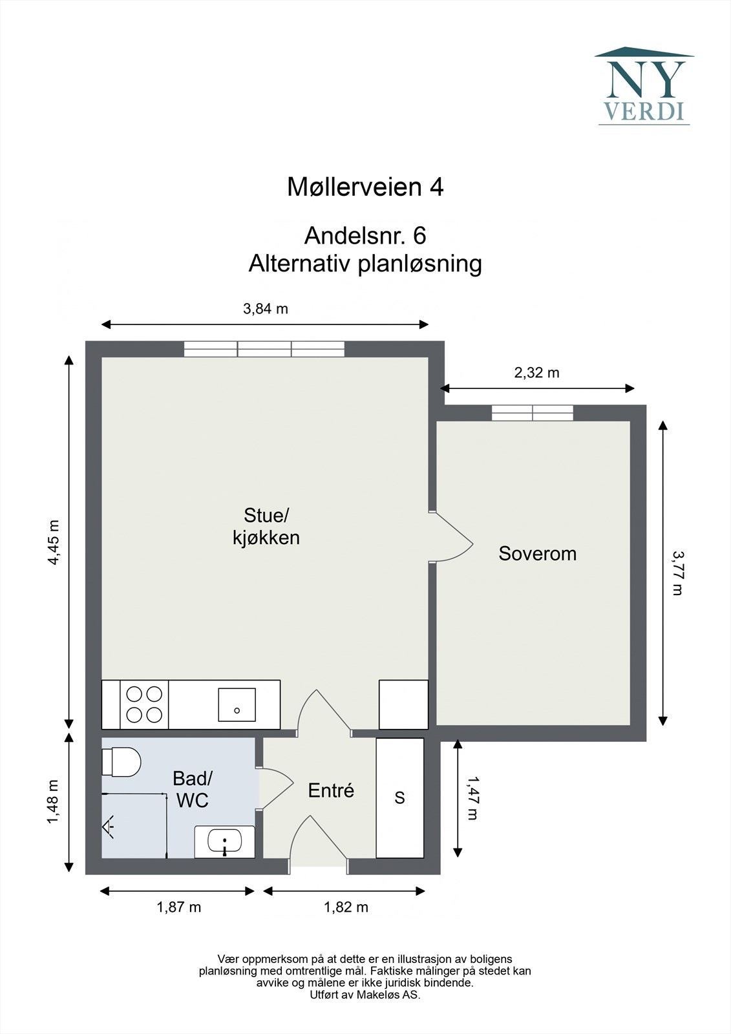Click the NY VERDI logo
coord(644,85)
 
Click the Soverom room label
coord(537,554)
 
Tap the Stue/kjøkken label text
coord(266,526)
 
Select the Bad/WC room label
coord(193,789)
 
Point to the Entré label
coord(331,790)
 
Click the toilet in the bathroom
coord(122,762)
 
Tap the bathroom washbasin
coord(224,842)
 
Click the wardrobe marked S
coord(400,797)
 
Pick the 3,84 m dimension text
coord(266,309)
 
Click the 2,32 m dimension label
coord(536,373)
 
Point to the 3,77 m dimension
coord(677,573)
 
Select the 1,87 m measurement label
coord(178,907)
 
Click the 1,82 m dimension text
coord(346,907)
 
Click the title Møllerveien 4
coord(365,187)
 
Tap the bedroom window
coord(532,413)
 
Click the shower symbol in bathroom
coord(109,826)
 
